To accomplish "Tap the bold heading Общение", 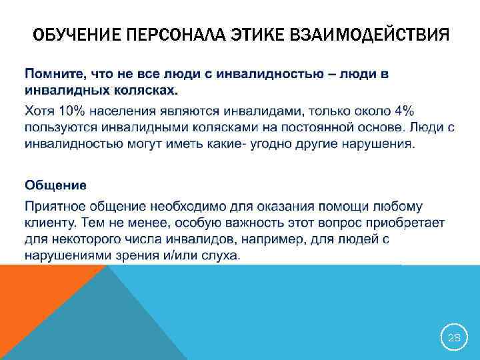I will point(55,184).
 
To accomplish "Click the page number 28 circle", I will point(453,338).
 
